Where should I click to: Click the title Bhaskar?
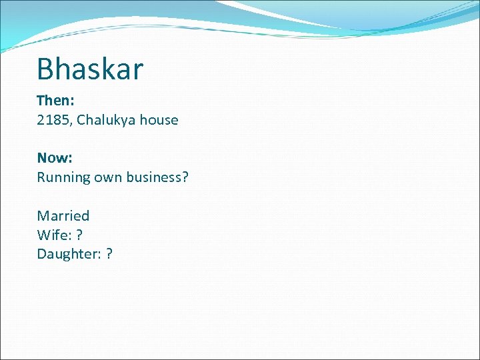click(90, 69)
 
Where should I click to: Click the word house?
click(159, 120)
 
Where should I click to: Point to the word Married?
click(63, 215)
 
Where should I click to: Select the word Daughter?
click(67, 254)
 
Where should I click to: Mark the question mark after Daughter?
click(109, 254)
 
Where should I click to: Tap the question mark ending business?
click(185, 177)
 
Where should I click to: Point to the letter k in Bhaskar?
click(105, 69)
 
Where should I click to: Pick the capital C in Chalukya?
click(81, 120)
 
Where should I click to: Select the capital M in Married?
click(42, 215)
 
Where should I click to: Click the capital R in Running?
click(41, 177)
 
